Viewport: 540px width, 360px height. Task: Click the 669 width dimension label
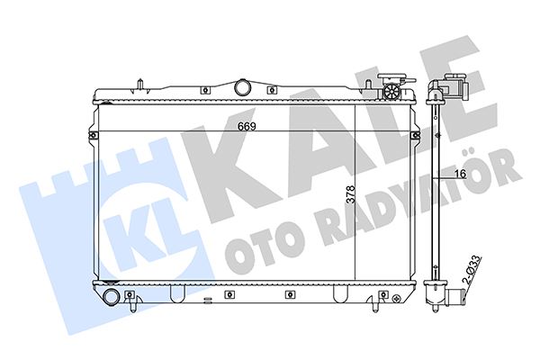(247, 126)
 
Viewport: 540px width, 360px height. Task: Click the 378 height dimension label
(350, 194)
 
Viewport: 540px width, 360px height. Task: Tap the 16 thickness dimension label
(460, 174)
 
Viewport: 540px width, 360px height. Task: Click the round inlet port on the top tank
(243, 86)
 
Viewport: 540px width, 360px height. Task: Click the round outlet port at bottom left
(111, 296)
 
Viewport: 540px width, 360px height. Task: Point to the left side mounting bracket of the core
(92, 135)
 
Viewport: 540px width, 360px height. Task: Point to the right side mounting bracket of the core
(416, 135)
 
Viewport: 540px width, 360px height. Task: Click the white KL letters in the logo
(149, 230)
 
